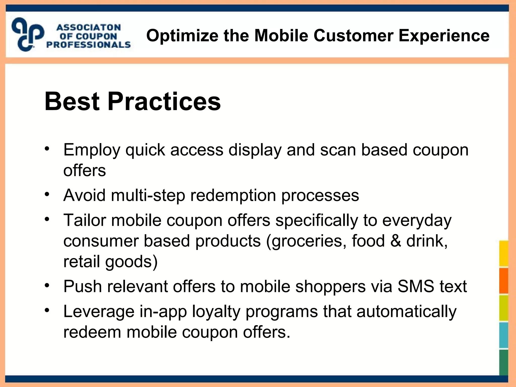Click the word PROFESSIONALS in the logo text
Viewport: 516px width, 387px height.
tap(88, 45)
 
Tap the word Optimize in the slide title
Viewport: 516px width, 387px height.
tap(182, 36)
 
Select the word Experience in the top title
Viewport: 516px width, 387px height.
tap(444, 36)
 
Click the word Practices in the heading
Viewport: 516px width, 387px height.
tap(164, 101)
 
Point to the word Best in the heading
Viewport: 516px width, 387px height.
tap(72, 101)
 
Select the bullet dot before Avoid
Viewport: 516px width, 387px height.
tap(47, 194)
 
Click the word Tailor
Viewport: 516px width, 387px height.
tap(84, 220)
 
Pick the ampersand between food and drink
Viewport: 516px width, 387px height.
tap(396, 241)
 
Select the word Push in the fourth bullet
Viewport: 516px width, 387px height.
tap(83, 286)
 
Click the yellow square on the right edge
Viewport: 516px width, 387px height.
tap(503, 253)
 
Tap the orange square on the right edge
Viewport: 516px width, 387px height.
tap(503, 280)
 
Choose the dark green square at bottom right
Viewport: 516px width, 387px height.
tap(503, 362)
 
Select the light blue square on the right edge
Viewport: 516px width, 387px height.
tap(503, 335)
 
